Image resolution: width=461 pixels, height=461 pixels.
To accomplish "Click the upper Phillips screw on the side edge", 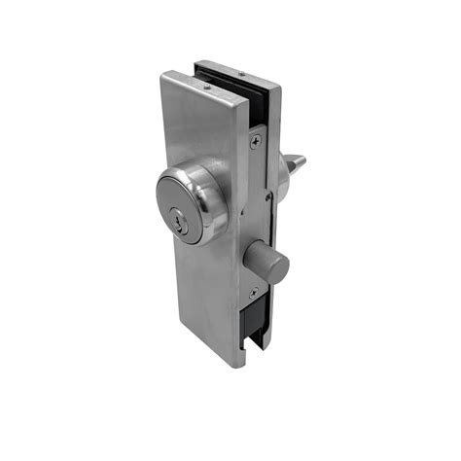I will point(255,142).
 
